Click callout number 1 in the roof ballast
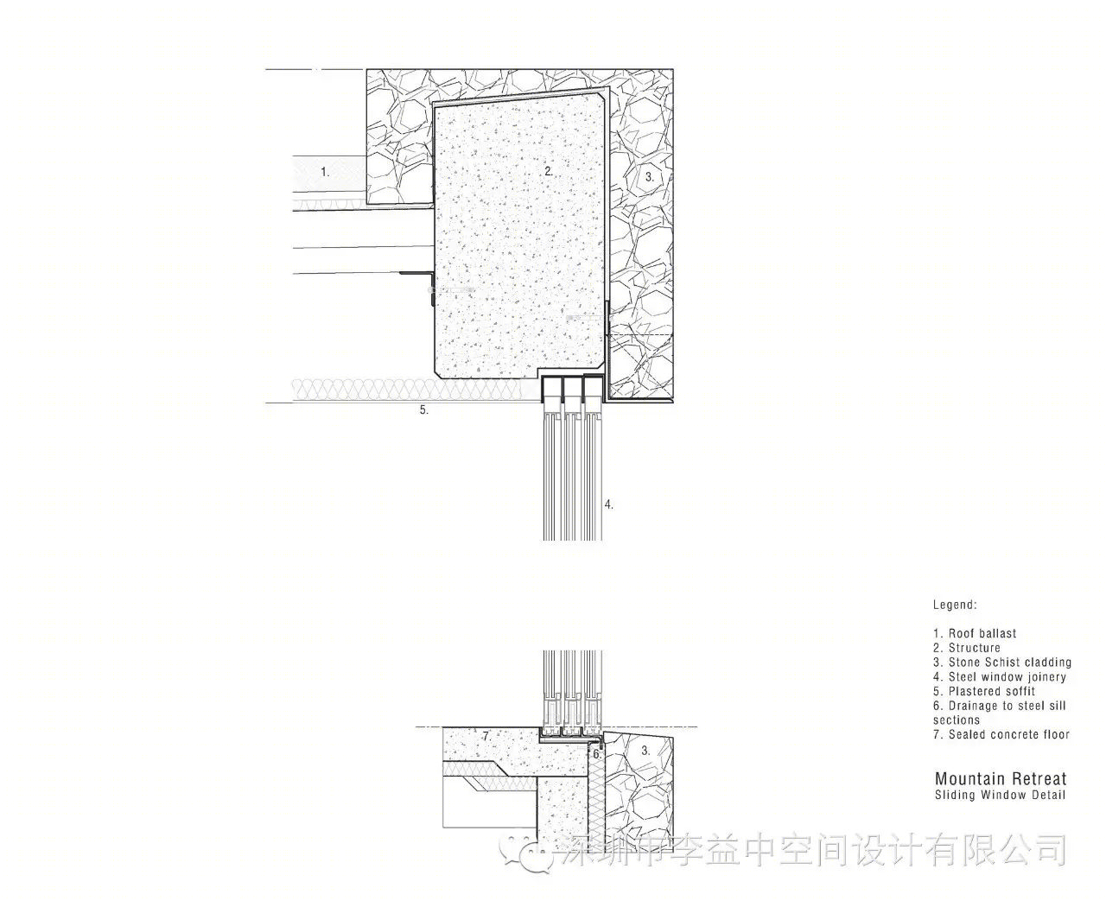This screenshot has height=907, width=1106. click(x=325, y=171)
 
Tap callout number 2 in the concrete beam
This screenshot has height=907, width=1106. click(x=549, y=171)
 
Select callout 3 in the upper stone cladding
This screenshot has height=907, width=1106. click(x=649, y=177)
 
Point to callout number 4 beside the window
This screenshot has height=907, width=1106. click(x=608, y=504)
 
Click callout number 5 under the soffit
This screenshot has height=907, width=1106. click(x=423, y=410)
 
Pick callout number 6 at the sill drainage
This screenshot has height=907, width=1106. click(x=597, y=754)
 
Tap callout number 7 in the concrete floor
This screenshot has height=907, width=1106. click(x=486, y=737)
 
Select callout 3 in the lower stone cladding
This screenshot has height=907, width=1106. click(x=645, y=751)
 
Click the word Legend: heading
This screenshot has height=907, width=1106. click(x=955, y=605)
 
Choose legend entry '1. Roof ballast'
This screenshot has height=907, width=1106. click(x=975, y=633)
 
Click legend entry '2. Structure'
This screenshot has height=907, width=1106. click(x=967, y=648)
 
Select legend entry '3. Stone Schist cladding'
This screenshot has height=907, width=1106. click(x=1002, y=663)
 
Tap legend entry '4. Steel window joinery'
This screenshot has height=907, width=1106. click(x=1000, y=677)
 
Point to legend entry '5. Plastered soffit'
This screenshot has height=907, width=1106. click(x=984, y=691)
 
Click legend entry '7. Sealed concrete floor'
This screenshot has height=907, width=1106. click(x=1001, y=734)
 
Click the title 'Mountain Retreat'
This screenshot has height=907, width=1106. click(x=1001, y=778)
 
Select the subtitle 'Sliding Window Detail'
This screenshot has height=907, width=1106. click(x=1000, y=796)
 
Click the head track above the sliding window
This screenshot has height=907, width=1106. click(x=572, y=378)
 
